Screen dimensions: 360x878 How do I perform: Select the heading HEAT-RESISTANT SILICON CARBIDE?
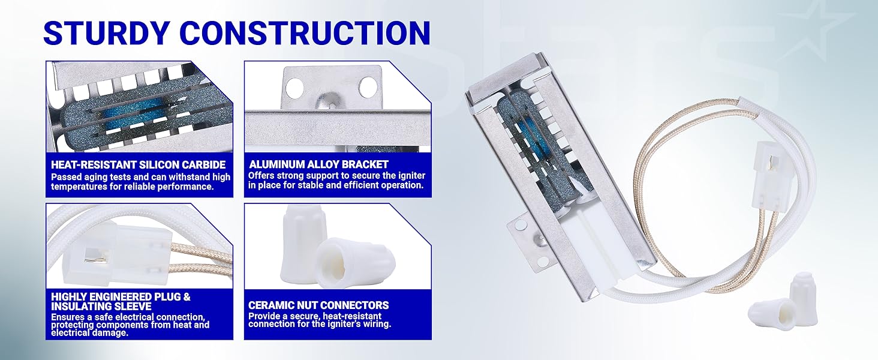(138, 164)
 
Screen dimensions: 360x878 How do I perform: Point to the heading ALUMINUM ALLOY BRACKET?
(318, 164)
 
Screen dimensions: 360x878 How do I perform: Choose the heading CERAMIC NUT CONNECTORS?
(318, 305)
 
